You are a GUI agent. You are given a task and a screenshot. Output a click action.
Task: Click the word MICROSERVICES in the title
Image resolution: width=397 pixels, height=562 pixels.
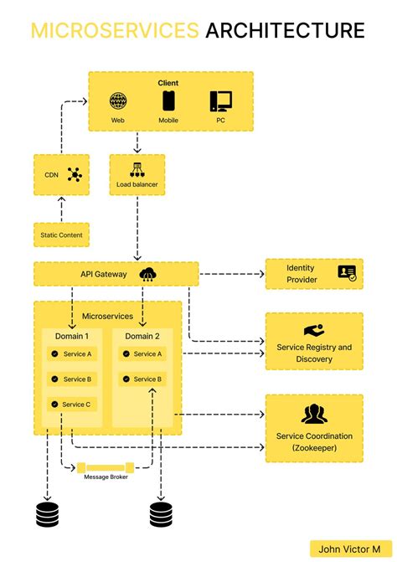[115, 31]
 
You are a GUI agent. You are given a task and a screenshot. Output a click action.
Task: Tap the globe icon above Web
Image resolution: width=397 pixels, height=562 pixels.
[117, 102]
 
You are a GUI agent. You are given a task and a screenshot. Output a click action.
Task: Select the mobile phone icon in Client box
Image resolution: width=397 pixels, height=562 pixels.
[168, 102]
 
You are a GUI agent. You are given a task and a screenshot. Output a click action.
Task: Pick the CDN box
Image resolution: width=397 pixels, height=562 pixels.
[61, 174]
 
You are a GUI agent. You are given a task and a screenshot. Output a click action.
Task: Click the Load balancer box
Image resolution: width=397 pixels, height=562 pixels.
[137, 174]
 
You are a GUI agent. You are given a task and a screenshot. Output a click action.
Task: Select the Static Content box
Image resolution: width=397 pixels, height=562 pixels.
[61, 235]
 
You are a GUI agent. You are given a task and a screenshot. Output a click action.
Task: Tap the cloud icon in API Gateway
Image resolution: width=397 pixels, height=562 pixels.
[148, 273]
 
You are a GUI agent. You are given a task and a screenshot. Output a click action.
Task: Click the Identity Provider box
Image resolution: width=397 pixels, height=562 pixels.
[313, 273]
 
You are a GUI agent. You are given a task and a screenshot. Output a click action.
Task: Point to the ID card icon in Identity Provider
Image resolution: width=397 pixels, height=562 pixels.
[346, 272]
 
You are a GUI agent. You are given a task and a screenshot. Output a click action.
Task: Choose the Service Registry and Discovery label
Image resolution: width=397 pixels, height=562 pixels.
[314, 353]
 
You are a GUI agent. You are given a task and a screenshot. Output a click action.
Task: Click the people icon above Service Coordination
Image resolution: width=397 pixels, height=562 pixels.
[314, 414]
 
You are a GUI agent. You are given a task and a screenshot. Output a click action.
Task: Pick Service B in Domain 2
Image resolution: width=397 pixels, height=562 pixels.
[142, 379]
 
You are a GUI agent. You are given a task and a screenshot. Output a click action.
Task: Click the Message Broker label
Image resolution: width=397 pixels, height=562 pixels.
[106, 477]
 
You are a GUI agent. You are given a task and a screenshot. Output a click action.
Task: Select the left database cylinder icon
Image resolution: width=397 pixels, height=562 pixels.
[48, 513]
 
